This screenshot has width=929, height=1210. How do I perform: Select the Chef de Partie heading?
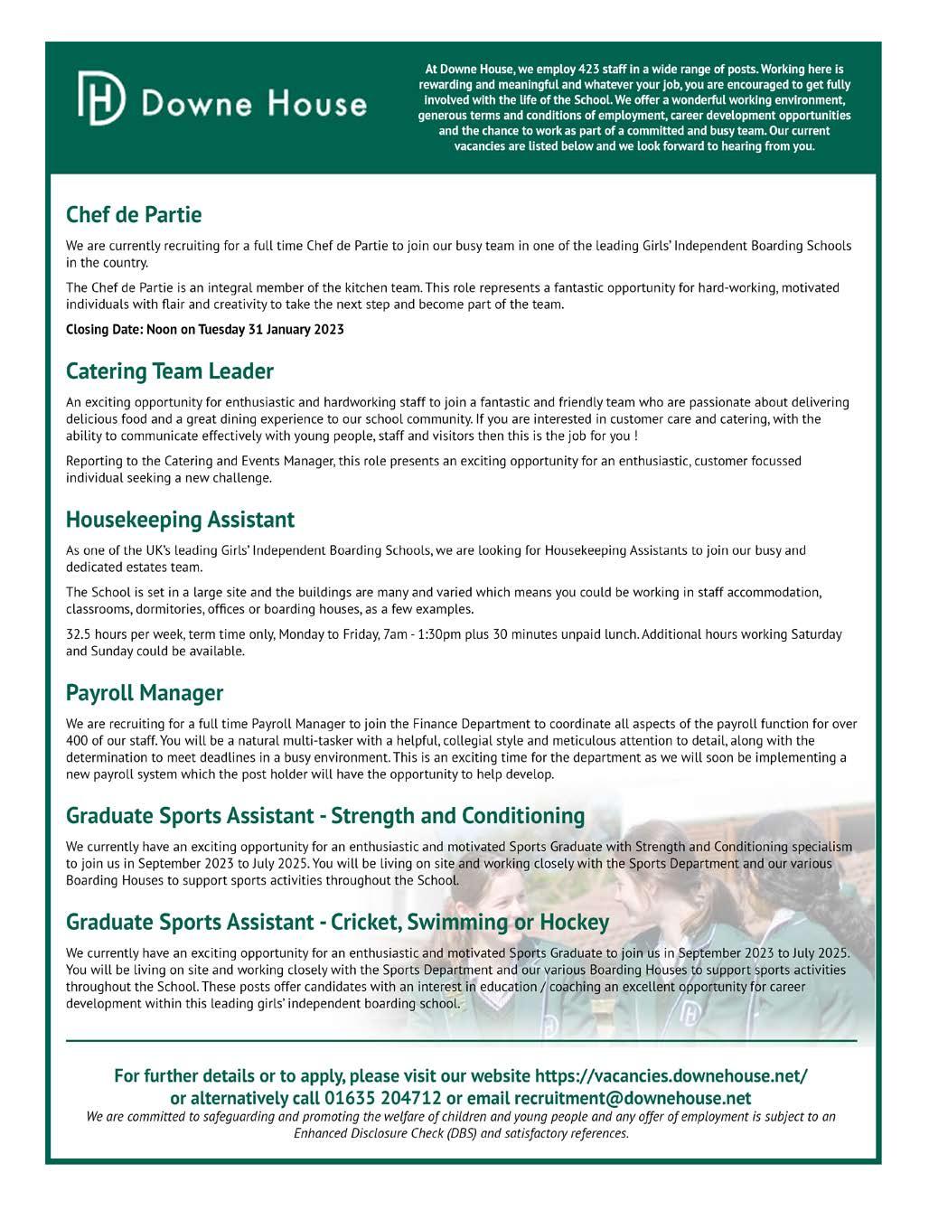(x=134, y=215)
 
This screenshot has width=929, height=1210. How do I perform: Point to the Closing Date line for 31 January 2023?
(x=205, y=329)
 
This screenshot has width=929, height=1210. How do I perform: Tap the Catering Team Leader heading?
(x=170, y=371)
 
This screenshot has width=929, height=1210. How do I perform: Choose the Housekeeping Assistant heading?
(x=181, y=520)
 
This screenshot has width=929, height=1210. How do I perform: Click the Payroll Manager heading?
(x=145, y=693)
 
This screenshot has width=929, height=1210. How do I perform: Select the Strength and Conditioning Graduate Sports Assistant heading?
(x=325, y=816)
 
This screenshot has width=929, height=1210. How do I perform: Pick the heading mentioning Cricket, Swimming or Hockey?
(x=337, y=923)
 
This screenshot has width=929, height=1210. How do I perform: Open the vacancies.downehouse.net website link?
(x=671, y=1076)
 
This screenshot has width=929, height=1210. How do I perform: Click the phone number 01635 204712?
(x=383, y=1099)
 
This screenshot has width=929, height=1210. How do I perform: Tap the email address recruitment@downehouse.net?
(x=633, y=1099)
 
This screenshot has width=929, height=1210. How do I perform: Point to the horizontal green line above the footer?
(x=461, y=1042)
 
